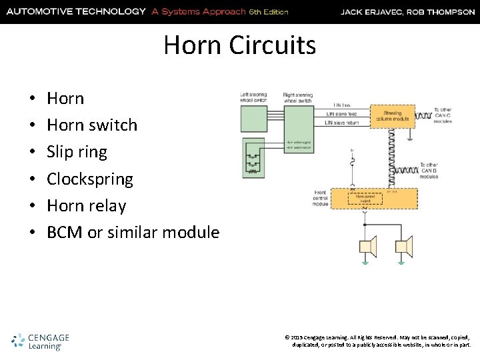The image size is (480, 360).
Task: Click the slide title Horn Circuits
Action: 239,45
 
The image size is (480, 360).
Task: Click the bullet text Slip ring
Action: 77,152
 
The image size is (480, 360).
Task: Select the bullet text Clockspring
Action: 90,179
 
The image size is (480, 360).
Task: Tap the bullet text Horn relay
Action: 87,206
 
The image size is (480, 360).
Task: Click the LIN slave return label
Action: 341,123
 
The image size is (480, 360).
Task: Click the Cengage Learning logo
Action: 41,341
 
